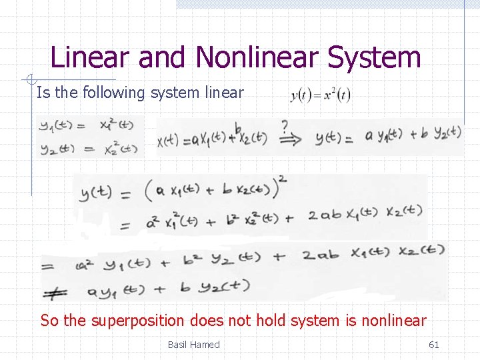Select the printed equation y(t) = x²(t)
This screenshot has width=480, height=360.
(x=321, y=96)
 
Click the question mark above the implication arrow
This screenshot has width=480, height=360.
(x=285, y=125)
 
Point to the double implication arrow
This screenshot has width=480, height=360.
(x=288, y=139)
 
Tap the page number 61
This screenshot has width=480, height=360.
(x=433, y=345)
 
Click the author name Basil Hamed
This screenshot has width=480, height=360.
(x=193, y=345)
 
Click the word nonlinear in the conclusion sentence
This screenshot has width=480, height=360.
(x=393, y=321)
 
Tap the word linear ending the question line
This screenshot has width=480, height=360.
(x=223, y=93)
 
